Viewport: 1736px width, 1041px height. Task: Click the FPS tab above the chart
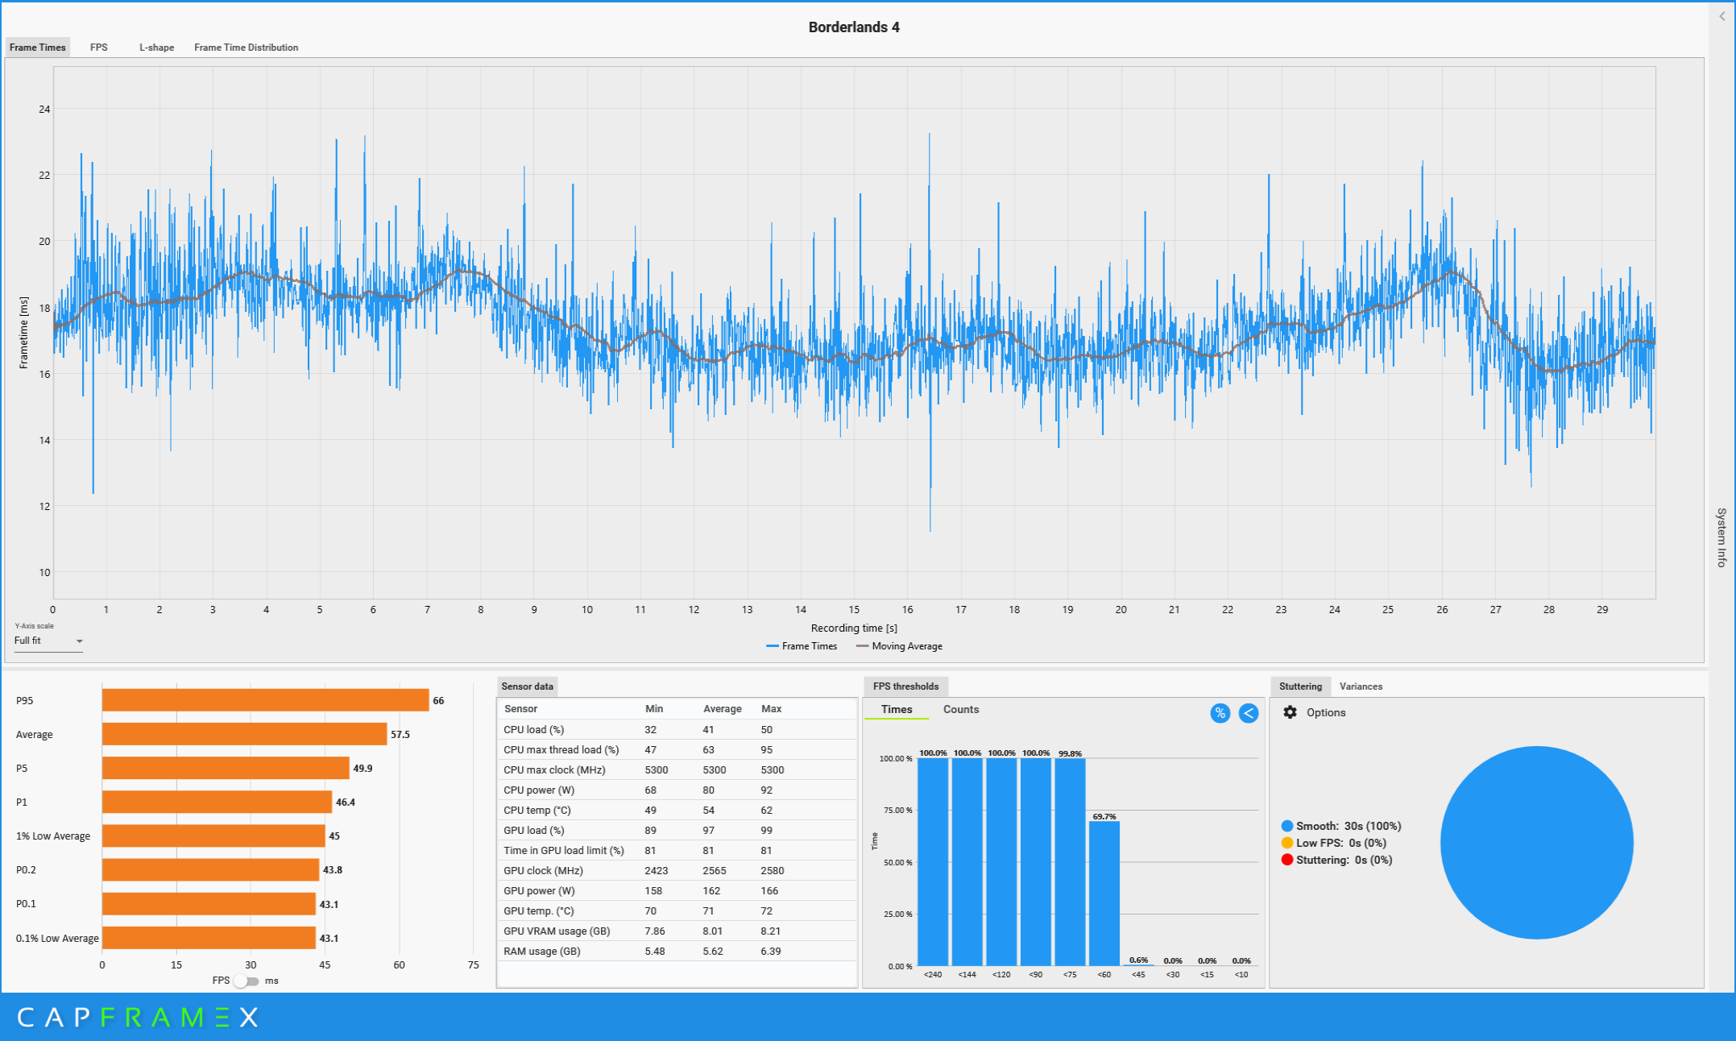(99, 48)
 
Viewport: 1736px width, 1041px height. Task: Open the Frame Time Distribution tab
(246, 48)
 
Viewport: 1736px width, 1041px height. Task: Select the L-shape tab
(156, 48)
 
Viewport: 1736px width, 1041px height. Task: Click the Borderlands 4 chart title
(854, 27)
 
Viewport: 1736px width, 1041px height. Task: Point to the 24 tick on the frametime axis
(44, 110)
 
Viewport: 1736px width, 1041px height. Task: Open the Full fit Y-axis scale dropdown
(48, 641)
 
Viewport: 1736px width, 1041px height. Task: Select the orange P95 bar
(265, 700)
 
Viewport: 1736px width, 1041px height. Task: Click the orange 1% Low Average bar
(213, 836)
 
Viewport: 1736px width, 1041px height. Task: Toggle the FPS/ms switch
(247, 981)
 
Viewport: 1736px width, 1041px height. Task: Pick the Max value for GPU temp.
(766, 911)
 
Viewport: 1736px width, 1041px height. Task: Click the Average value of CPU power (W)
(708, 790)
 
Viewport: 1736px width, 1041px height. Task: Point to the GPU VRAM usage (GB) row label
(557, 931)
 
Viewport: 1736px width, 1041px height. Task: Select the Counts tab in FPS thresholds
(961, 710)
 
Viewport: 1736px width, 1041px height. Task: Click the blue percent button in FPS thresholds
(1220, 713)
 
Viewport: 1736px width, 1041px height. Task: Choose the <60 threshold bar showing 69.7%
(1104, 894)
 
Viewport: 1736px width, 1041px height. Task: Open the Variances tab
(1361, 686)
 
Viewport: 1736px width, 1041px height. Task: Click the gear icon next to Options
(1290, 712)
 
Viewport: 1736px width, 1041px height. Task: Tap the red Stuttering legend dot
(1287, 860)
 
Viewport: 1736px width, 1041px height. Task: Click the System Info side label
(1721, 537)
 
